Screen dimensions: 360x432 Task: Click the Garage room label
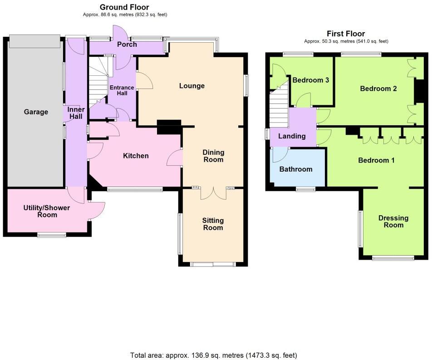(36, 112)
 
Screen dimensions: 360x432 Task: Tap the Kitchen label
(136, 156)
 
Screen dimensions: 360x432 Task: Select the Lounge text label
(191, 86)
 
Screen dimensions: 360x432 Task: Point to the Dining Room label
(213, 156)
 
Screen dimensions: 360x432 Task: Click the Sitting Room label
(213, 224)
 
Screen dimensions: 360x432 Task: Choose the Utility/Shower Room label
(47, 211)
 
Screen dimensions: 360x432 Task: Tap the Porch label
(127, 44)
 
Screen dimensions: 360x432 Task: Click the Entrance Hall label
(122, 90)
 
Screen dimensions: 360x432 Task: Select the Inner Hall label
(76, 113)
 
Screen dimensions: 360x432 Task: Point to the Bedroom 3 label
(310, 80)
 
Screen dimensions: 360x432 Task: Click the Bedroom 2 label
(378, 89)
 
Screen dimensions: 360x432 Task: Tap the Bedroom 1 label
(376, 160)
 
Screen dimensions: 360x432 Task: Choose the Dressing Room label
(393, 222)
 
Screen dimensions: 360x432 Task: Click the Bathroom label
(295, 169)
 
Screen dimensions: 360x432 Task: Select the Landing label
(292, 136)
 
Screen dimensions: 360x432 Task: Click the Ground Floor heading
(124, 7)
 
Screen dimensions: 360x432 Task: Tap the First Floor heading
(346, 34)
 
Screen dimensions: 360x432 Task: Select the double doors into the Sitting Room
(213, 192)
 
